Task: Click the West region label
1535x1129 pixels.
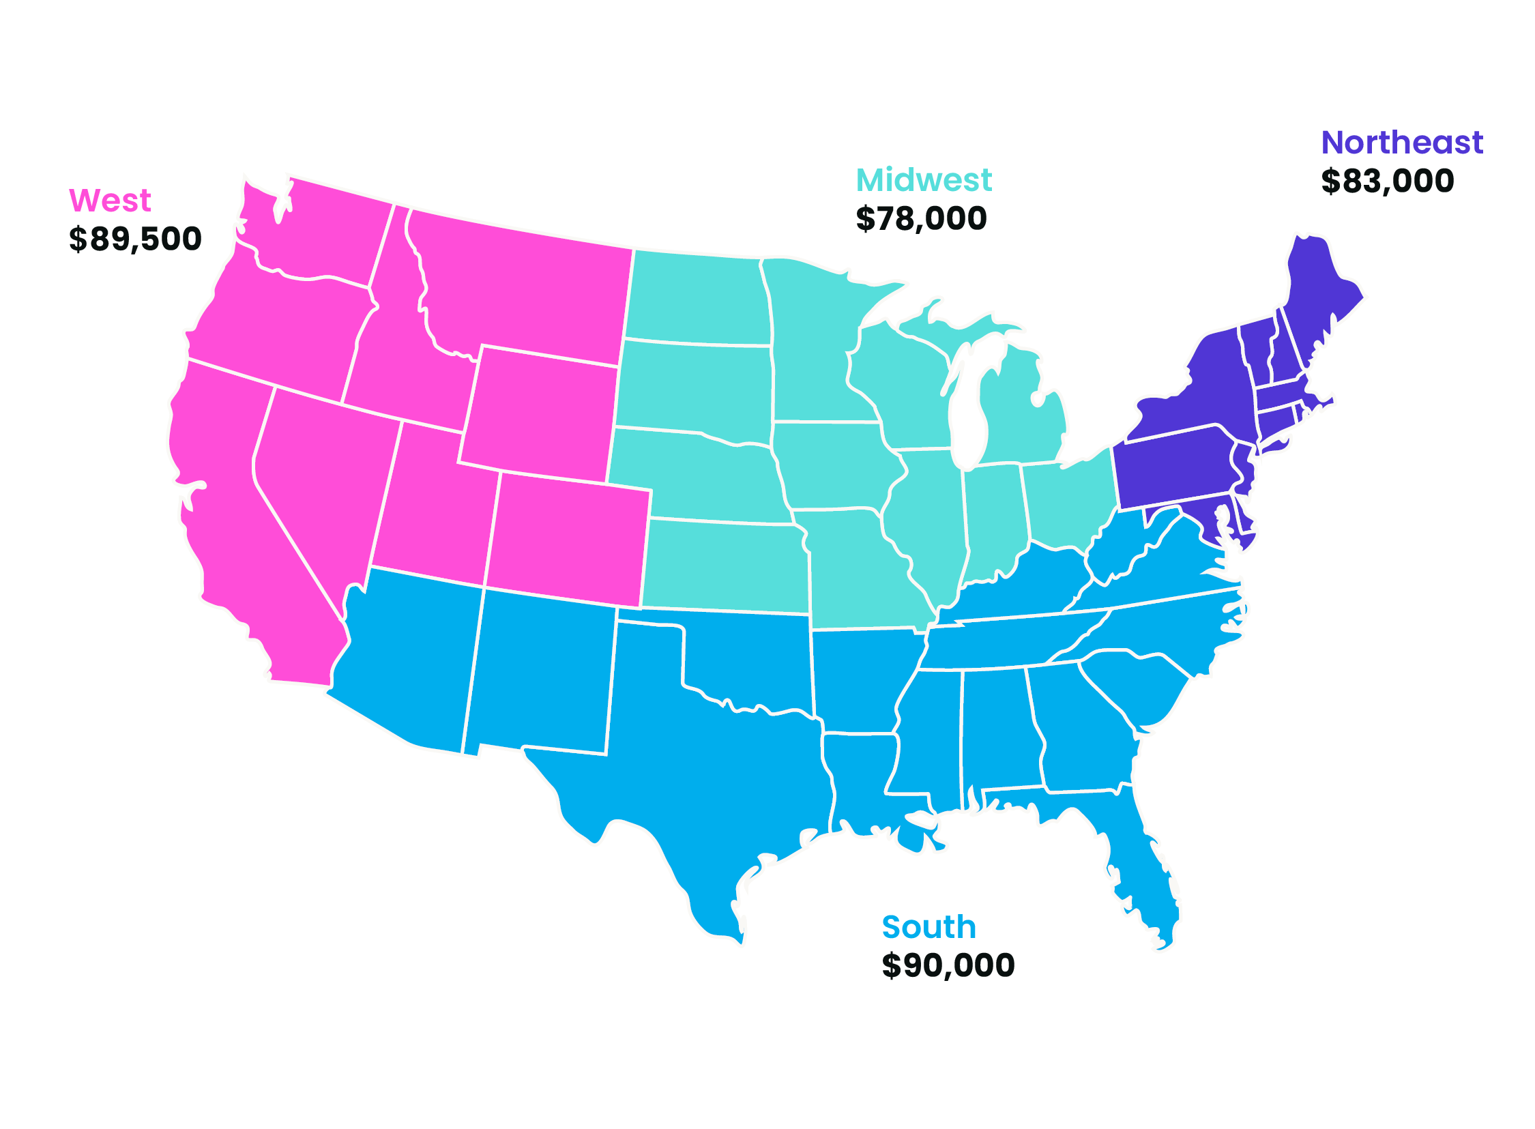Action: [110, 201]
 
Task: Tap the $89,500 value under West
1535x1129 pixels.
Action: [135, 239]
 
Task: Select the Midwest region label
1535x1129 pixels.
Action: [923, 180]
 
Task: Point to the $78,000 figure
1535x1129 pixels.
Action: [921, 219]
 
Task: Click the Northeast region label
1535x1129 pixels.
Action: [1402, 143]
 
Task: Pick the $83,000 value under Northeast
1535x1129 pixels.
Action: [1388, 181]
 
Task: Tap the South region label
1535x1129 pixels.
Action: [929, 927]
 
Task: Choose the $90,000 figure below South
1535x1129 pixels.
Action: [948, 966]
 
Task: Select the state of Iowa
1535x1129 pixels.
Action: [834, 465]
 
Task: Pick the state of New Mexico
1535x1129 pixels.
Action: [540, 670]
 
